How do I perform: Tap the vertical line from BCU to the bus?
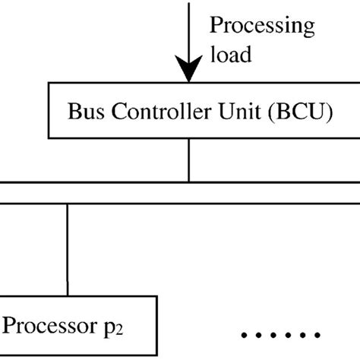[188, 163]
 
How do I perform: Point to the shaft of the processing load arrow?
[188, 30]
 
